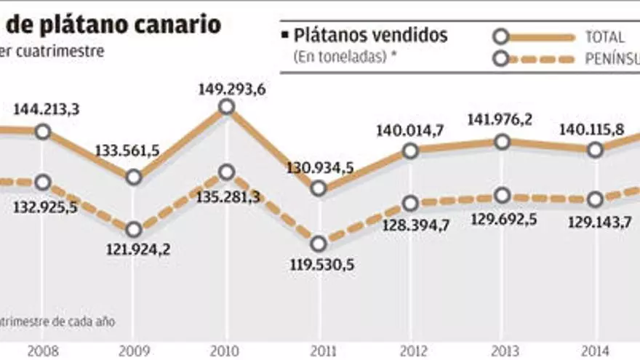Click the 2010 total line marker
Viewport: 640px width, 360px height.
click(x=226, y=107)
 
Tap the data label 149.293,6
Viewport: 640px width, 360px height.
click(x=226, y=89)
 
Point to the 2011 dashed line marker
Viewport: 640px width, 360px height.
click(x=318, y=244)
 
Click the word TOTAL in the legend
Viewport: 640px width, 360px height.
click(x=604, y=36)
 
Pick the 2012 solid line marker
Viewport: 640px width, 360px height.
click(x=410, y=151)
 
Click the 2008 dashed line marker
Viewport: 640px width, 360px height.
click(x=42, y=182)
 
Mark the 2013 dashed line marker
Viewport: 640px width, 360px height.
click(x=503, y=196)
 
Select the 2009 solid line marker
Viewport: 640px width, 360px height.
click(x=134, y=177)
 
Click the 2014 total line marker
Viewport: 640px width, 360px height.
click(x=595, y=150)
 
